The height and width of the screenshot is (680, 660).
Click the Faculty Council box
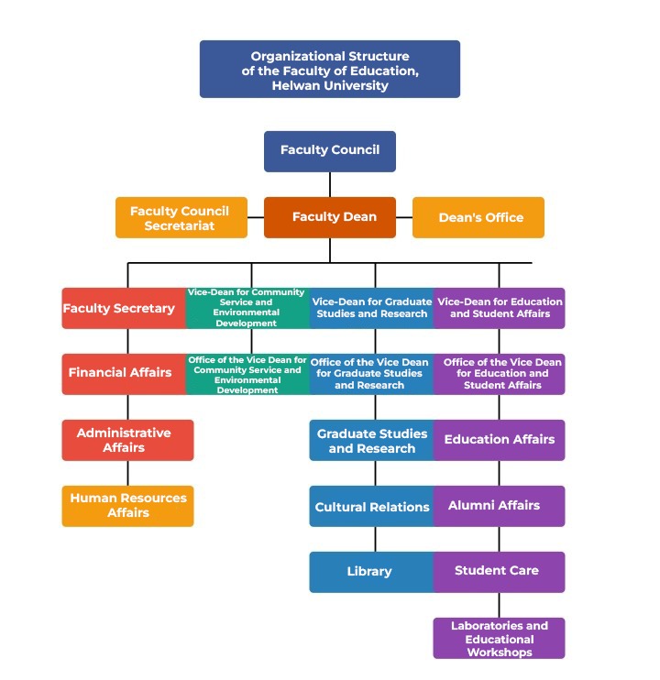330,151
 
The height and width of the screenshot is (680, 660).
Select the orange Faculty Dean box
330,217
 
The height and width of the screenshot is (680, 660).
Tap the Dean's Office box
478,217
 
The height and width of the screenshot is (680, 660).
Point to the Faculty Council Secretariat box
181,217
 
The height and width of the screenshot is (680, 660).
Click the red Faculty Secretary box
124,308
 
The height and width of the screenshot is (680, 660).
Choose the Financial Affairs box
124,374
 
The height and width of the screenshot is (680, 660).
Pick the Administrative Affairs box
127,440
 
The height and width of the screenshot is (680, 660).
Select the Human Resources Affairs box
127,506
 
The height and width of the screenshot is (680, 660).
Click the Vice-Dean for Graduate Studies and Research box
371,308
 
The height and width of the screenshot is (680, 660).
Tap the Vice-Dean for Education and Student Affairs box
500,308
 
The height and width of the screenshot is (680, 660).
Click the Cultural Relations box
371,506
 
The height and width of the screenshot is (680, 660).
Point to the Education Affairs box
500,440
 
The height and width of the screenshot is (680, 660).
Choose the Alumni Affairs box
500,506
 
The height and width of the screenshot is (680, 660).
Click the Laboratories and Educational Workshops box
500,638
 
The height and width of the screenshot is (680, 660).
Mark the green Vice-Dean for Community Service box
247,308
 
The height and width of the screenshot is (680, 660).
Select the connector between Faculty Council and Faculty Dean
330,184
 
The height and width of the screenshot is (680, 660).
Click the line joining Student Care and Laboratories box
500,605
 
